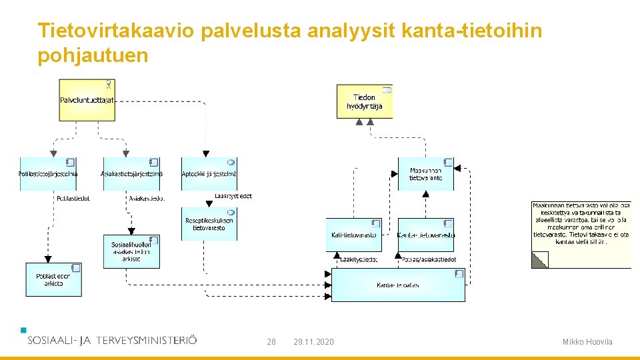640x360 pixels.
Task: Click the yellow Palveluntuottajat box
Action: click(87, 100)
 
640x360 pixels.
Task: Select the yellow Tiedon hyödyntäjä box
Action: click(364, 101)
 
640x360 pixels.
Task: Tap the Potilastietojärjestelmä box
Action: click(48, 174)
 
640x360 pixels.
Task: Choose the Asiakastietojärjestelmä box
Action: click(131, 174)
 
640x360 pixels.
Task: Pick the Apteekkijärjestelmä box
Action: click(209, 174)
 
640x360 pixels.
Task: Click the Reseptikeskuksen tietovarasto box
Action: click(209, 224)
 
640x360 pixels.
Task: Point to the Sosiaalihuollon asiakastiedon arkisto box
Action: click(131, 251)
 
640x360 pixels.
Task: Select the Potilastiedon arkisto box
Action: click(54, 279)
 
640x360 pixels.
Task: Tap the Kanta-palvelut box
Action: click(398, 285)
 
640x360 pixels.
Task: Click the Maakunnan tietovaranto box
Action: click(425, 174)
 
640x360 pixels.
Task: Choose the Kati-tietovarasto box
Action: click(353, 235)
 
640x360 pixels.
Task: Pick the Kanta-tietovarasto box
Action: click(425, 235)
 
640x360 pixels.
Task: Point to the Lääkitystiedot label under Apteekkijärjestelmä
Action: click(233, 197)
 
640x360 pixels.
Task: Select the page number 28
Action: click(271, 342)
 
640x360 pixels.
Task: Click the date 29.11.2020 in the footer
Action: click(313, 342)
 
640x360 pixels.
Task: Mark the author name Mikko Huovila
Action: click(587, 342)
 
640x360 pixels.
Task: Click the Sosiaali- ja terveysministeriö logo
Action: click(111, 339)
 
